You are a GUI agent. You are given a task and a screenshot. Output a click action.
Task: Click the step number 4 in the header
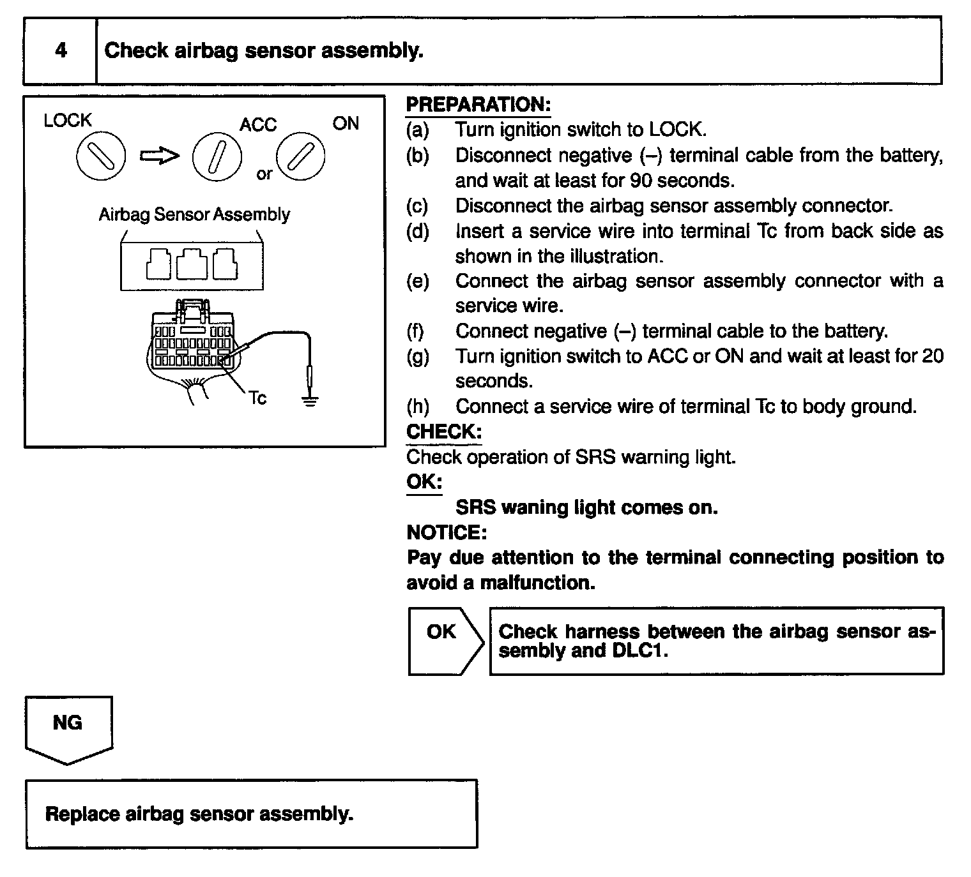[61, 50]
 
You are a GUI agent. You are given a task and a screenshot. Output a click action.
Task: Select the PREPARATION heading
[478, 105]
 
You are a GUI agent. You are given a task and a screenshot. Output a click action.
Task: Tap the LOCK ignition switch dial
[101, 157]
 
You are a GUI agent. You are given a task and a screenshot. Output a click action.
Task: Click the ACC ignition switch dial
[217, 157]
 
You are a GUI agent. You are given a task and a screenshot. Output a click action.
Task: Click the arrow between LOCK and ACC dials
[159, 156]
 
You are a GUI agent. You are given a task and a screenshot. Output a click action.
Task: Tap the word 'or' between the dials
[264, 174]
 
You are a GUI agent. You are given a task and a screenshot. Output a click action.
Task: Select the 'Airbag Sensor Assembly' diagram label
[194, 214]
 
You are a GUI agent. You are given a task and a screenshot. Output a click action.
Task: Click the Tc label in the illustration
[257, 398]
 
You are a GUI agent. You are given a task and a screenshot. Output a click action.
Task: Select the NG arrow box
[68, 728]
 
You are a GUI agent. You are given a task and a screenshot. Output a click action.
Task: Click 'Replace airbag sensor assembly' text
[199, 814]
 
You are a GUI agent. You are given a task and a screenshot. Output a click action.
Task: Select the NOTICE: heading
[447, 532]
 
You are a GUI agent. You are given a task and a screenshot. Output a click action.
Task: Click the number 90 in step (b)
[641, 181]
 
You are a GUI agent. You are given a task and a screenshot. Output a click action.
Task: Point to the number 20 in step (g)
[932, 356]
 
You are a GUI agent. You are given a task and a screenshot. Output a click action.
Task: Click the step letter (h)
[418, 407]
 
